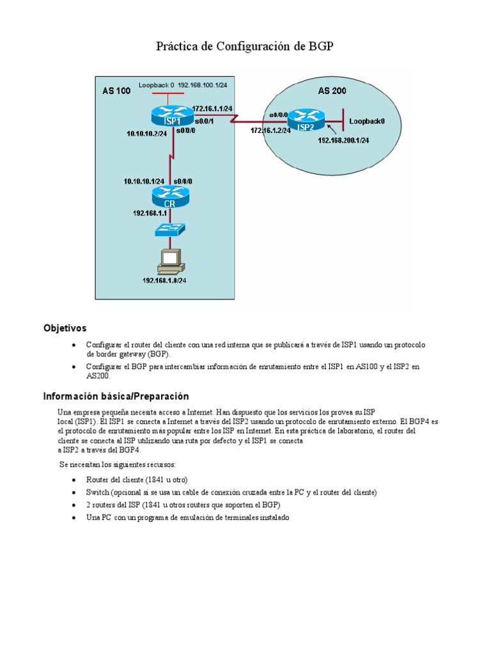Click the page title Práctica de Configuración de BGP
(245, 47)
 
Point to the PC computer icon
(171, 259)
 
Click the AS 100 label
(116, 91)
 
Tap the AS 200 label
(332, 91)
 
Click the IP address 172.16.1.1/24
(212, 108)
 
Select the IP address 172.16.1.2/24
(271, 130)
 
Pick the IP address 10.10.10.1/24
(144, 181)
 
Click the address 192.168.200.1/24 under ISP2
(343, 141)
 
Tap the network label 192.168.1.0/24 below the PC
(169, 279)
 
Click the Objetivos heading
(65, 328)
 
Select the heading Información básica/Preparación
(116, 397)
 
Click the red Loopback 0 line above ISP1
(166, 93)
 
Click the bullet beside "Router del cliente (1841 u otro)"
(75, 480)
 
